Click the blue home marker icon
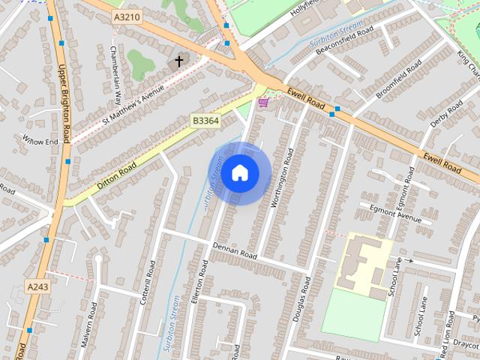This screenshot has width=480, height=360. (239, 172)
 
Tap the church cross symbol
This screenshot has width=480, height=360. (179, 60)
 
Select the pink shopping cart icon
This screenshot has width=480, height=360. (263, 102)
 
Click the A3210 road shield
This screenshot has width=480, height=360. (127, 16)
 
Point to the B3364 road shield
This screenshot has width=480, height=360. (205, 120)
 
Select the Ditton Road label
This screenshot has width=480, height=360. (116, 175)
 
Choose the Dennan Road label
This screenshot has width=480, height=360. (235, 250)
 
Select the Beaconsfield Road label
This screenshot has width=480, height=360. (344, 40)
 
